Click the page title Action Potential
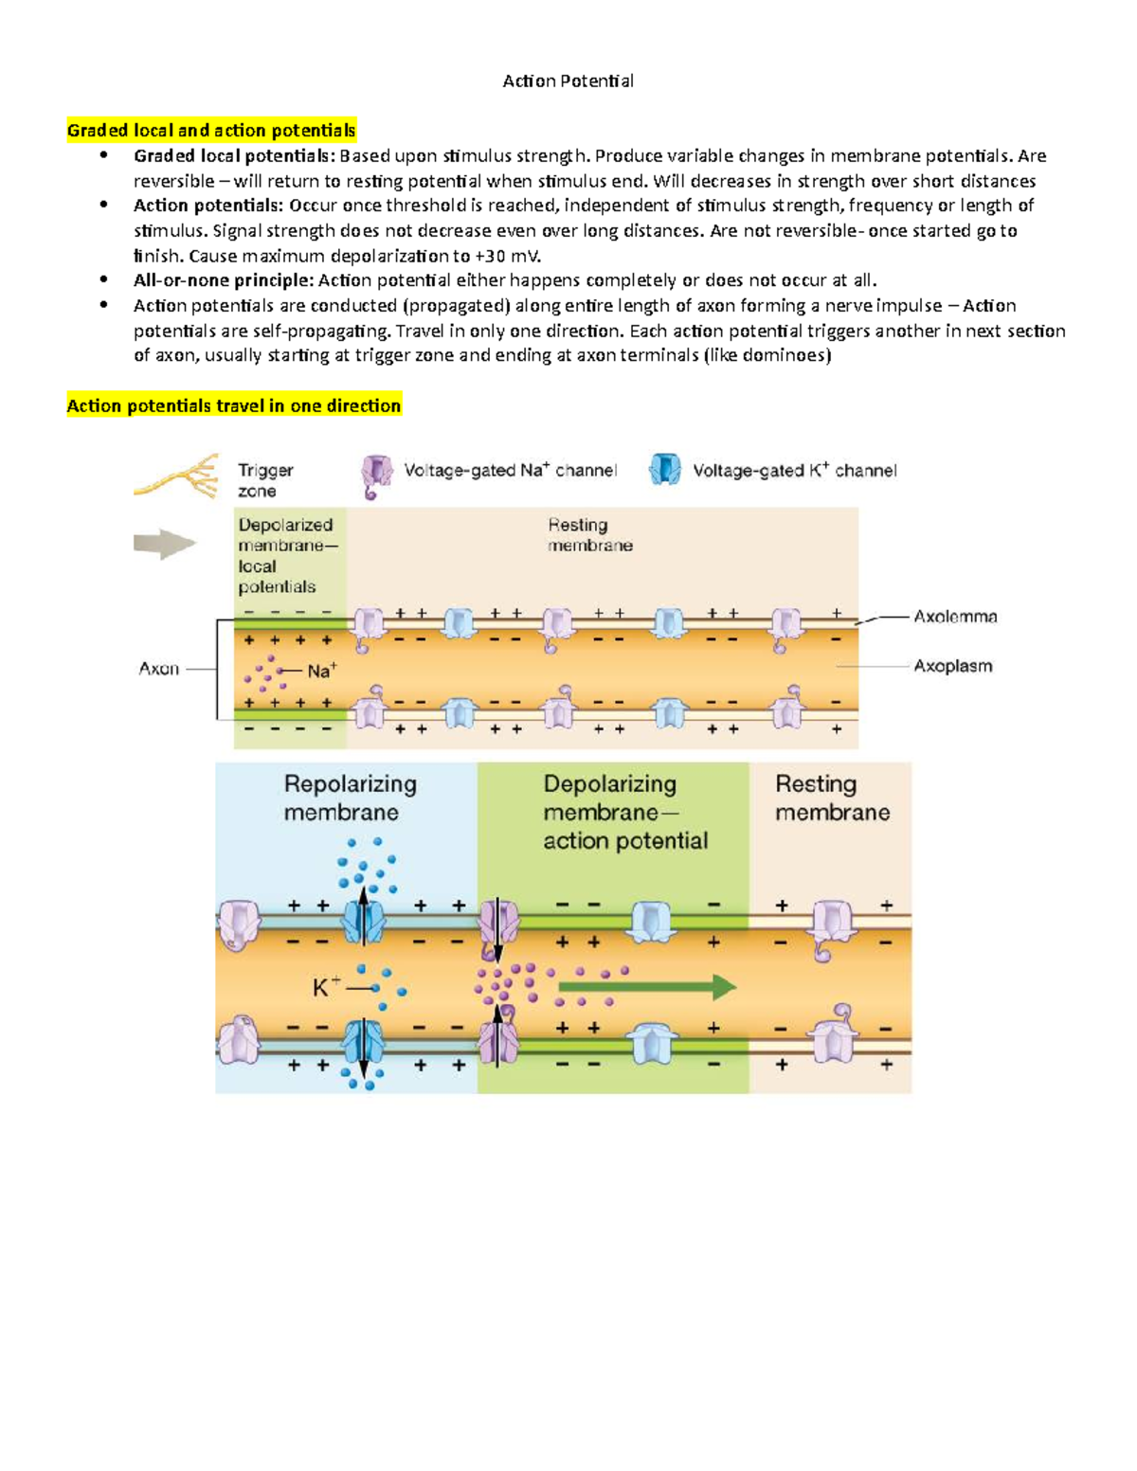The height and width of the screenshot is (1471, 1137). pos(568,81)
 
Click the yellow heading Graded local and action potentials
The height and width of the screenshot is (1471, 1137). pos(211,131)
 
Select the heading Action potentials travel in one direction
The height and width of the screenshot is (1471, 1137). pos(234,406)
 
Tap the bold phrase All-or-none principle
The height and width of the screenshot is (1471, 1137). pos(223,280)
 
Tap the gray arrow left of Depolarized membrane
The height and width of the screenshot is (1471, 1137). pos(164,544)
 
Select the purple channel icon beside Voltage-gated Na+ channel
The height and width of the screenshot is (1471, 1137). pos(376,475)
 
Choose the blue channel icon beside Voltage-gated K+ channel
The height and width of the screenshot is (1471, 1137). pos(665,469)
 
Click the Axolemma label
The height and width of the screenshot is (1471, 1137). pos(954,617)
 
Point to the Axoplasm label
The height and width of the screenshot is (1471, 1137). pos(952,666)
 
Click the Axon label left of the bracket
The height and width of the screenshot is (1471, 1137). pos(159,669)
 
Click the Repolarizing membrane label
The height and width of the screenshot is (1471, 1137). pos(350,798)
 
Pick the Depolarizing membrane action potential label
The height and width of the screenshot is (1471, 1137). pos(624,812)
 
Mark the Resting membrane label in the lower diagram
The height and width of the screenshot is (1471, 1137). pos(832,798)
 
